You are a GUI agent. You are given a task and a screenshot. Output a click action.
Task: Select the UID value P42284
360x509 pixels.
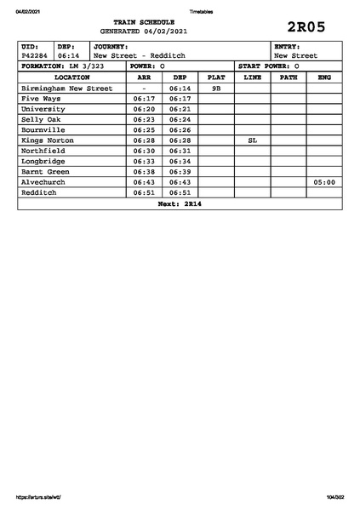(35, 55)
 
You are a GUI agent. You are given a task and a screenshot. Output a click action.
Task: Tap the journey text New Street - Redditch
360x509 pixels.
(139, 55)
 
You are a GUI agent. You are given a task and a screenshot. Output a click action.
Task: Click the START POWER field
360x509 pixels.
(268, 66)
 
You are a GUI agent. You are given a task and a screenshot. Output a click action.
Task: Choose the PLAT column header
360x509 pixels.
(216, 77)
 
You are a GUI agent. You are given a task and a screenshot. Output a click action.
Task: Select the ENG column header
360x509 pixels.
(324, 77)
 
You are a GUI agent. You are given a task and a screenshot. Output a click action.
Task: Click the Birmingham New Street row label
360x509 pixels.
(66, 88)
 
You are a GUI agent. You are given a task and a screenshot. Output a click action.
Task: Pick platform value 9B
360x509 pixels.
(216, 88)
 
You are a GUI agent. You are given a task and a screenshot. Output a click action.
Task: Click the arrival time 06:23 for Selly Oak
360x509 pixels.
(144, 119)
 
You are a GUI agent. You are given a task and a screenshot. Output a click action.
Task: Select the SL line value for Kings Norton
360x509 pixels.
(252, 140)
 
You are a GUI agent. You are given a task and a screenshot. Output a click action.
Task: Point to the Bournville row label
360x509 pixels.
(43, 129)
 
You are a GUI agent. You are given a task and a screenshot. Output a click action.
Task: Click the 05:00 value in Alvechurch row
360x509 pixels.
(324, 182)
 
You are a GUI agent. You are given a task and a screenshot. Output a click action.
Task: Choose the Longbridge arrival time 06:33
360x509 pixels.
(144, 161)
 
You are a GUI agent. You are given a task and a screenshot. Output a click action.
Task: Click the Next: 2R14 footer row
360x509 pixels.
(180, 203)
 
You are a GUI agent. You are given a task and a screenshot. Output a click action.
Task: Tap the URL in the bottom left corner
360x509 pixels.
(39, 496)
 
